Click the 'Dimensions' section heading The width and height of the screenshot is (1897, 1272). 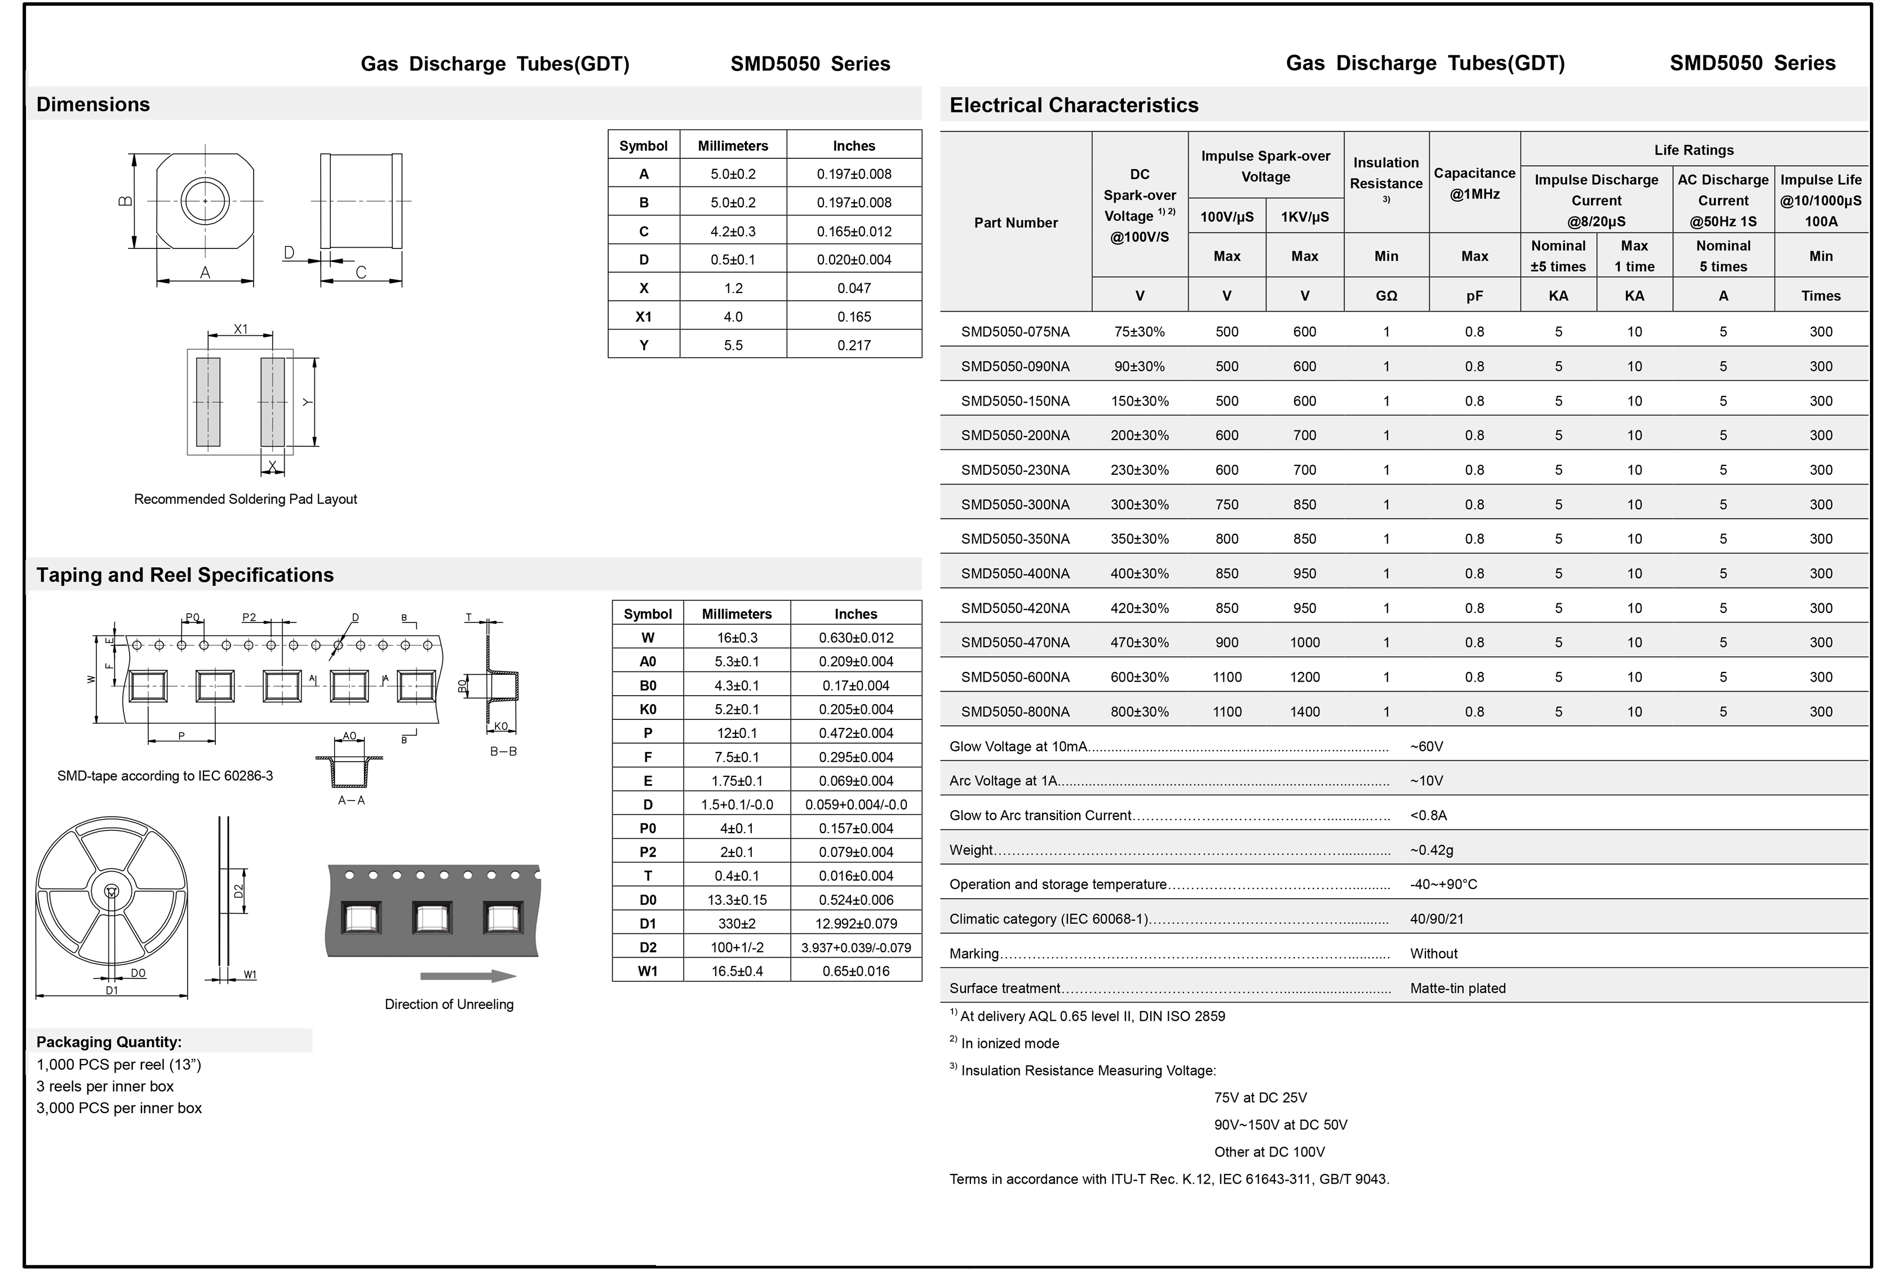pyautogui.click(x=94, y=105)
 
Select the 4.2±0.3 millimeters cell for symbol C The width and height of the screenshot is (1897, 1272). pyautogui.click(x=733, y=231)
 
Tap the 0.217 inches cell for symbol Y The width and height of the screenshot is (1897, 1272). pyautogui.click(x=854, y=345)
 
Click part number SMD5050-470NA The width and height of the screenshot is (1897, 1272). pyautogui.click(x=1015, y=643)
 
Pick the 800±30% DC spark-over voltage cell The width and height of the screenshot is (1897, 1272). pyautogui.click(x=1139, y=711)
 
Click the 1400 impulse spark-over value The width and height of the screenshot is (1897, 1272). pyautogui.click(x=1304, y=711)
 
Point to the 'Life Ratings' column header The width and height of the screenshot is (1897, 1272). pyautogui.click(x=1694, y=150)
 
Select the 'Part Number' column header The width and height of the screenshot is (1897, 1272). pyautogui.click(x=1016, y=223)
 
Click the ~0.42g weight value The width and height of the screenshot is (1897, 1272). pyautogui.click(x=1431, y=850)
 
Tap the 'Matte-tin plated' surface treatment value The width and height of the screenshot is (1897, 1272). pyautogui.click(x=1457, y=988)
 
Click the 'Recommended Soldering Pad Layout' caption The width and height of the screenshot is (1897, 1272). pyautogui.click(x=245, y=499)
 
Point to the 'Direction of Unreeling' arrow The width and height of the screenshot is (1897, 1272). pyautogui.click(x=468, y=976)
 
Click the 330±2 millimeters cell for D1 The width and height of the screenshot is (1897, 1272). pyautogui.click(x=737, y=923)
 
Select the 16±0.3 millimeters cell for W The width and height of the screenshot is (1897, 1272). pyautogui.click(x=737, y=638)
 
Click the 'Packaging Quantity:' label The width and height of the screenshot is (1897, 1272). pyautogui.click(x=109, y=1042)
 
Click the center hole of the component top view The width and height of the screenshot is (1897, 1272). pyautogui.click(x=205, y=201)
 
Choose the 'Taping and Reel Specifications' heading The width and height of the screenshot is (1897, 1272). pyautogui.click(x=185, y=575)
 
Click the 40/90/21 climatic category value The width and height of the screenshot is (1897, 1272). pyautogui.click(x=1436, y=919)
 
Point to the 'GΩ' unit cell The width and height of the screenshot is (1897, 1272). pyautogui.click(x=1386, y=296)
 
